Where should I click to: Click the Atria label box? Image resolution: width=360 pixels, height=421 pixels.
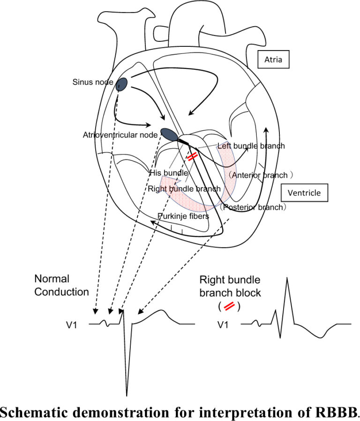click(x=274, y=60)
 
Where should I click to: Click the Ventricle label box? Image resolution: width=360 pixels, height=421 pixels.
click(x=303, y=193)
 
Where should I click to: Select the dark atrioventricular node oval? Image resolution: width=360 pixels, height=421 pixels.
click(x=169, y=134)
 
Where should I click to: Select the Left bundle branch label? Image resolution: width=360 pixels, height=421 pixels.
click(x=251, y=146)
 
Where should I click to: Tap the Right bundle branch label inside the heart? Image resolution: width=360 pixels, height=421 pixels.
click(x=184, y=189)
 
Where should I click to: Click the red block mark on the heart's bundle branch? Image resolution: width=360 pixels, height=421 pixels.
click(x=192, y=157)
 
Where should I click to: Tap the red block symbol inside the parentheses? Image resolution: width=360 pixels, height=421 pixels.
click(x=230, y=306)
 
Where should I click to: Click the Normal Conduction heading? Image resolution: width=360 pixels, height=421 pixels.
click(x=61, y=285)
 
